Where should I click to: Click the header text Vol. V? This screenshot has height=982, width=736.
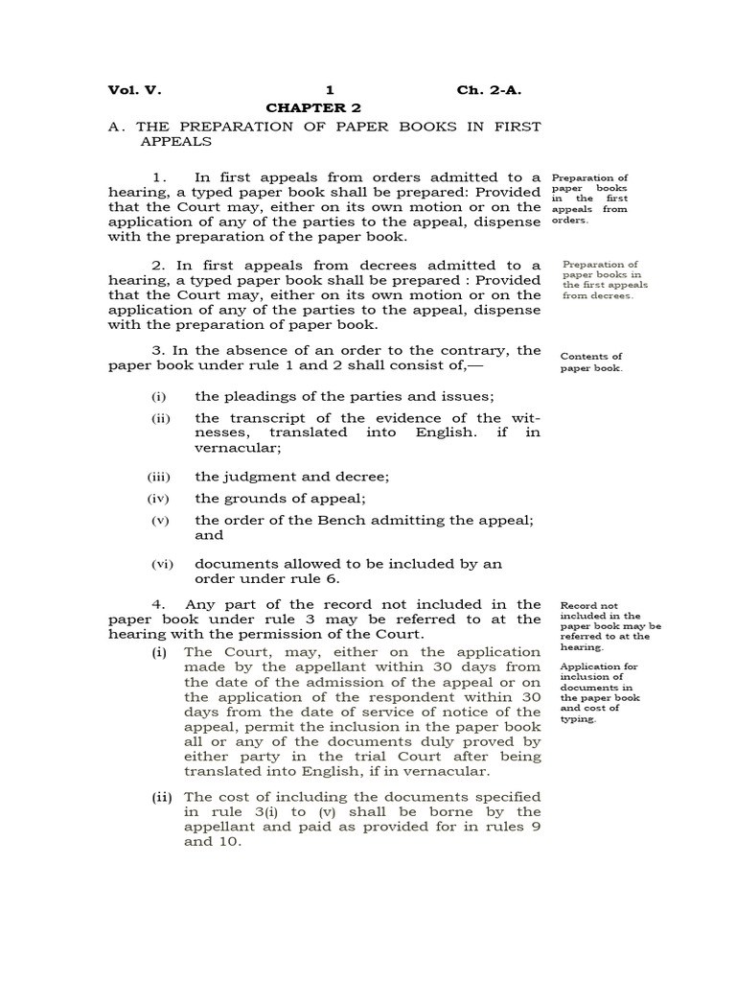135,91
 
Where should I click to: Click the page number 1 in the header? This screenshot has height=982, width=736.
329,91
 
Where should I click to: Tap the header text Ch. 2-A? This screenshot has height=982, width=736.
489,91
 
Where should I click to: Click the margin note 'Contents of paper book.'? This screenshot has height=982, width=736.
591,362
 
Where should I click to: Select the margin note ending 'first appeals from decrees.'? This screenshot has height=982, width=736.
605,280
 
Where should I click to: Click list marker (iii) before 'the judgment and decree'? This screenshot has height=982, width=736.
160,477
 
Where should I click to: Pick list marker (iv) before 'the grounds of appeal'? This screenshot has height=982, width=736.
160,499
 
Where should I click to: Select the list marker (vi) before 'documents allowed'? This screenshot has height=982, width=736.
160,565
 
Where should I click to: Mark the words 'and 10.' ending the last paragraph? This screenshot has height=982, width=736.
213,842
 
